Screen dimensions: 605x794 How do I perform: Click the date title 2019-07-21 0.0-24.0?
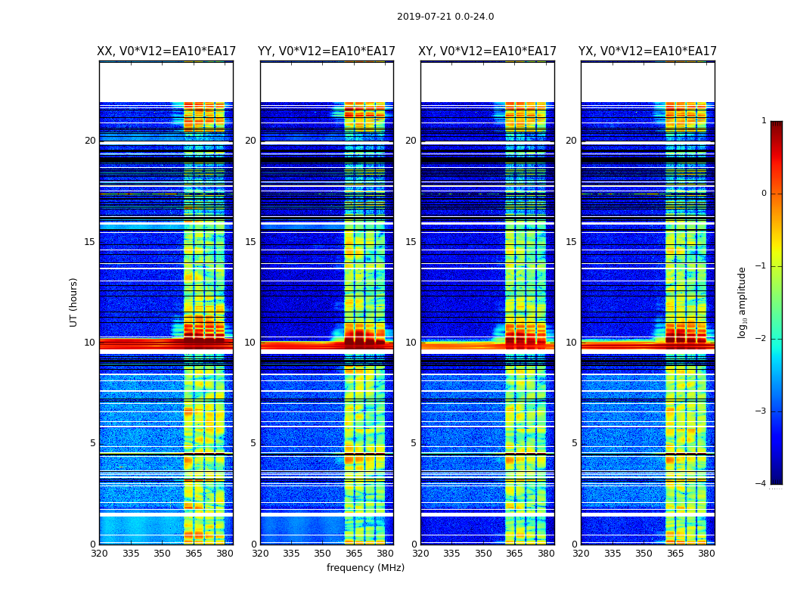pos(445,17)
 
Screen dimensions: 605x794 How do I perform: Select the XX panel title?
pos(166,51)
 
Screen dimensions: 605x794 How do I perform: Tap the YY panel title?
pos(327,51)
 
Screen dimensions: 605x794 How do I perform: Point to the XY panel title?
pos(487,51)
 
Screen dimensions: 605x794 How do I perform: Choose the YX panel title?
pos(647,51)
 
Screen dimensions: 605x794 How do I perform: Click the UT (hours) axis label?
pos(74,302)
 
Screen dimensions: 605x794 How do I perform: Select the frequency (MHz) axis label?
pos(365,568)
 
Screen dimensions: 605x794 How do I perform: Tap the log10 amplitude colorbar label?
pos(743,302)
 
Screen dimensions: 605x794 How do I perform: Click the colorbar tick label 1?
pos(763,121)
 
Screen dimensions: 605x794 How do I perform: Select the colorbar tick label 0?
pos(763,194)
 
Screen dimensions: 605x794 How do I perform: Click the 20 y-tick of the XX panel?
pos(90,141)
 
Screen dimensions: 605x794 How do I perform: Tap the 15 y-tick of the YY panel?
pos(251,242)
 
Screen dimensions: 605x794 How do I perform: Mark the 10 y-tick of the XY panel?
pos(411,343)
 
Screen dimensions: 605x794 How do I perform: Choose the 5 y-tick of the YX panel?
pos(575,443)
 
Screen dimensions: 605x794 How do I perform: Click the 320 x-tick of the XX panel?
pos(100,553)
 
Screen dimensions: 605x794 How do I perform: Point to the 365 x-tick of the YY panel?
pos(354,553)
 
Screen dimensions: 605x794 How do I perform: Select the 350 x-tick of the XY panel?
pos(483,553)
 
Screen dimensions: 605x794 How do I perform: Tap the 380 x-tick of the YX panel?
pos(706,553)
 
